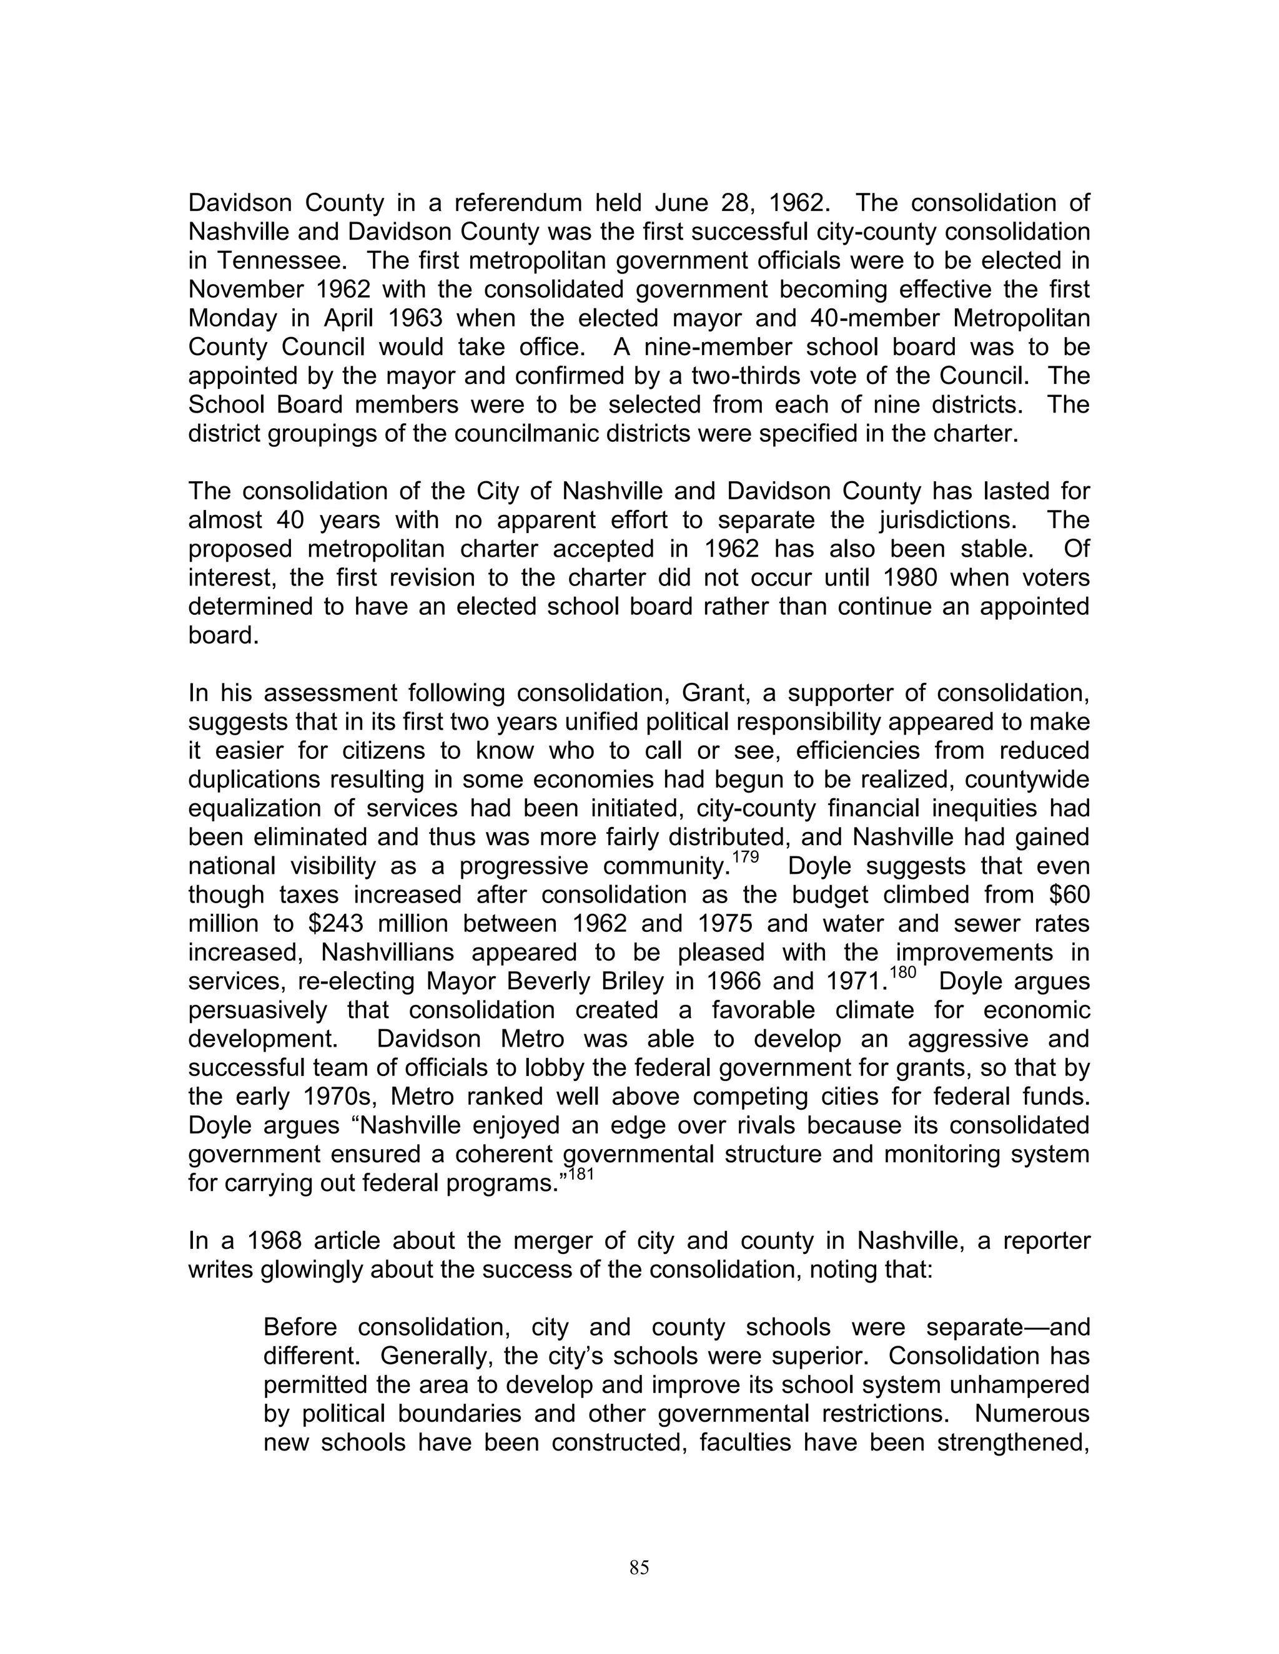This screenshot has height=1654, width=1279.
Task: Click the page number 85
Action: [x=639, y=1567]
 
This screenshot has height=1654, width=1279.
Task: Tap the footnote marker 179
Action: [x=746, y=859]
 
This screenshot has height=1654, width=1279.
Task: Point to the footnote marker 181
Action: [x=581, y=1175]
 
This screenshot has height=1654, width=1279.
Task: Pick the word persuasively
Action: [x=258, y=1011]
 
